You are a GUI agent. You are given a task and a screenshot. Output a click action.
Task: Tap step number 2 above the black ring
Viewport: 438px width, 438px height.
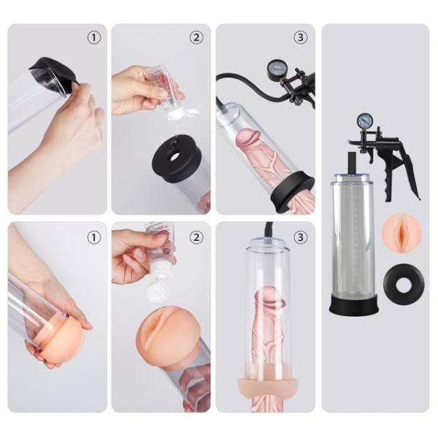(x=196, y=36)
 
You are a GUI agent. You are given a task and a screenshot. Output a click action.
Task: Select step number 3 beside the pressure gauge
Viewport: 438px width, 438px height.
(x=301, y=36)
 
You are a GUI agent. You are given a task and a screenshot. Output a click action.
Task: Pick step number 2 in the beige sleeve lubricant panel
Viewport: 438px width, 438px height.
(x=196, y=237)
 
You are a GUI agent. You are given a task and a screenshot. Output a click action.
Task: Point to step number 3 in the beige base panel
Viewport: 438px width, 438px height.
(x=301, y=237)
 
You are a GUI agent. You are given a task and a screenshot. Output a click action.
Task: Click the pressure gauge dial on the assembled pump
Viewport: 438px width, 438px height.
(x=364, y=121)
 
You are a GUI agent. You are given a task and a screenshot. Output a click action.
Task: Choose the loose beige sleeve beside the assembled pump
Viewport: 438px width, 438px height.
(x=401, y=231)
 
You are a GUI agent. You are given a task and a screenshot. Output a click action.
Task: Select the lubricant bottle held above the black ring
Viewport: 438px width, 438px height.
(x=164, y=90)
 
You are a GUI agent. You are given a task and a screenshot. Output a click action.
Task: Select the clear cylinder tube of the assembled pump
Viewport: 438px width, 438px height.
(x=353, y=234)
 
